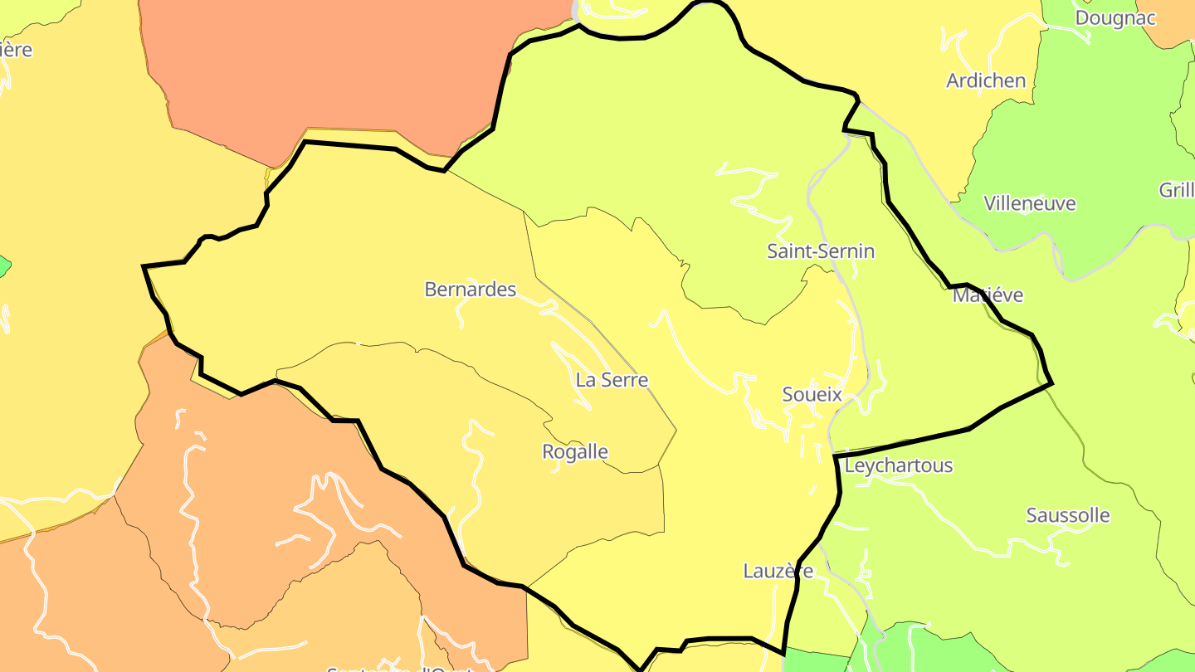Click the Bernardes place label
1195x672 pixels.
[470, 290]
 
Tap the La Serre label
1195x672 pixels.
[612, 380]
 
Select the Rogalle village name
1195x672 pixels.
[574, 452]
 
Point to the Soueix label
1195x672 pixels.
[812, 395]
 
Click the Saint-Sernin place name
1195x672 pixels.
[820, 251]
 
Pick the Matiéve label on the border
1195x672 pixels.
[988, 295]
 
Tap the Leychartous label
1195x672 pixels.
[898, 465]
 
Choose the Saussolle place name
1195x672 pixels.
[1068, 515]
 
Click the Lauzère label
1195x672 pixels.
[778, 571]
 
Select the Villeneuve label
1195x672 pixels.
[1029, 203]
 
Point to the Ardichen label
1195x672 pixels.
[986, 80]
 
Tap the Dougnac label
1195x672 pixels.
[1115, 18]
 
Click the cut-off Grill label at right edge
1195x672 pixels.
[1176, 190]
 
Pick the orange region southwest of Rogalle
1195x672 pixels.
[249, 498]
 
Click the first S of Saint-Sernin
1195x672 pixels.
[773, 251]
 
